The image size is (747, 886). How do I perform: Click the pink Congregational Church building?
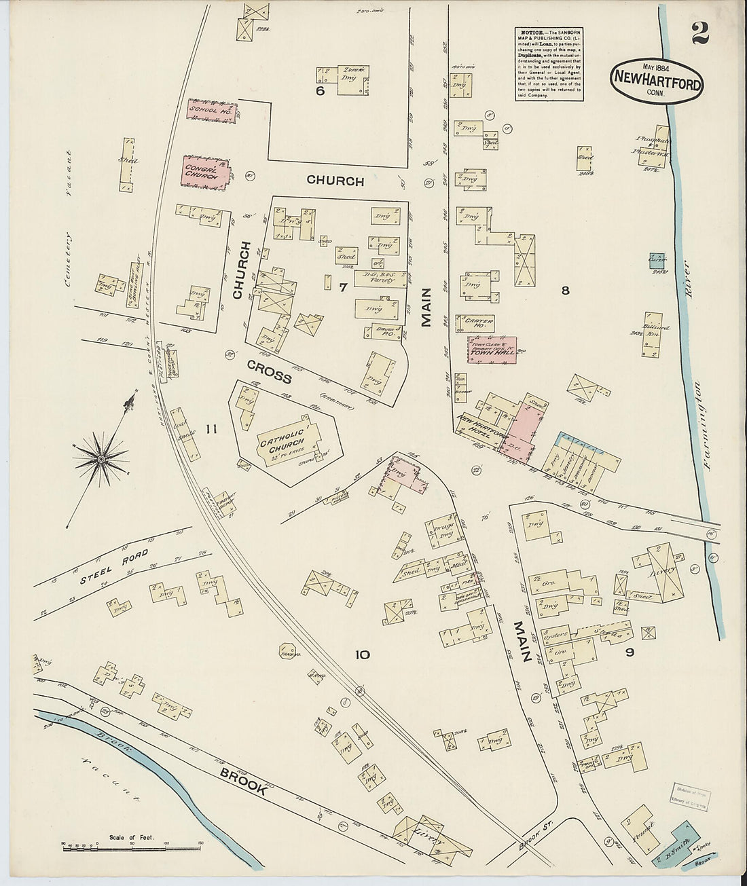tap(204, 171)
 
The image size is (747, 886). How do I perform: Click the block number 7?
tap(344, 287)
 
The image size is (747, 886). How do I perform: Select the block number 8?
tap(564, 291)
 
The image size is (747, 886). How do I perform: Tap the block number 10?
tap(362, 655)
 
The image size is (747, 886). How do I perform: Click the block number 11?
tap(211, 428)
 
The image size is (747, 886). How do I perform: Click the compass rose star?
tap(101, 460)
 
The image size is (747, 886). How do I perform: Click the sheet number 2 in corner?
tap(700, 34)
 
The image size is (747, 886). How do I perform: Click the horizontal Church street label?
tap(335, 181)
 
